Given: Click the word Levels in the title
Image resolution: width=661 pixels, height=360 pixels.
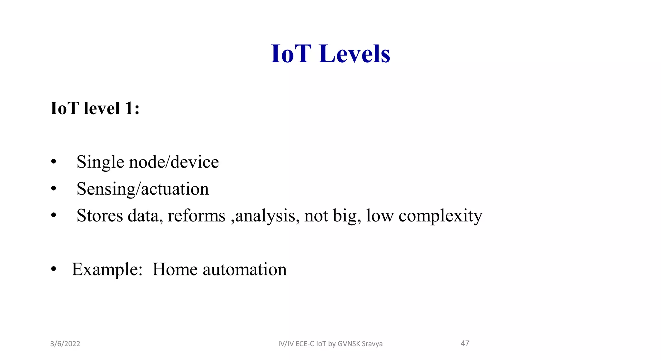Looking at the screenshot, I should coord(354,54).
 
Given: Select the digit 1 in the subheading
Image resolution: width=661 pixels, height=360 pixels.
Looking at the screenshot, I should coord(129,108).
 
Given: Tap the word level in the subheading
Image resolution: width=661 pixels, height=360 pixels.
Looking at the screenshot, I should coord(102,108).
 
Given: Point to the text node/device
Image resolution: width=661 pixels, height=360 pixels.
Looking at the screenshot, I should coord(174,162).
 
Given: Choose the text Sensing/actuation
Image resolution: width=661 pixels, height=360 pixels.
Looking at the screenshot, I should coord(143,189).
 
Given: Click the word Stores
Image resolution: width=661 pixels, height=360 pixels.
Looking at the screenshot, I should coord(100,216).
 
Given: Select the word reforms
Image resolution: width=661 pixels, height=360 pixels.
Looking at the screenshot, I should coord(196,216).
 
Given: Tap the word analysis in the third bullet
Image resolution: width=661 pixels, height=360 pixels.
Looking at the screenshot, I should coord(265,216).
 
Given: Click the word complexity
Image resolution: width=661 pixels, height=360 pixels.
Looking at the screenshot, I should coord(440,216).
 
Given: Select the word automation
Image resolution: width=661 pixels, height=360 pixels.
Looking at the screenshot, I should coord(245,269).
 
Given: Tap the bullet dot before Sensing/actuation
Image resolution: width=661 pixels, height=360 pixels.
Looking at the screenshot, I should coord(54,189).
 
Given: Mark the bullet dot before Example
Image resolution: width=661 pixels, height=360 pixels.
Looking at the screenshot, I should coord(54,269).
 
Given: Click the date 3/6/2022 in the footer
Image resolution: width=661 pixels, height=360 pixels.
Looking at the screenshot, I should coord(65,344).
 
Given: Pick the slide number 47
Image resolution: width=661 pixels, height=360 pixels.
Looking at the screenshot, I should coord(465,343).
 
